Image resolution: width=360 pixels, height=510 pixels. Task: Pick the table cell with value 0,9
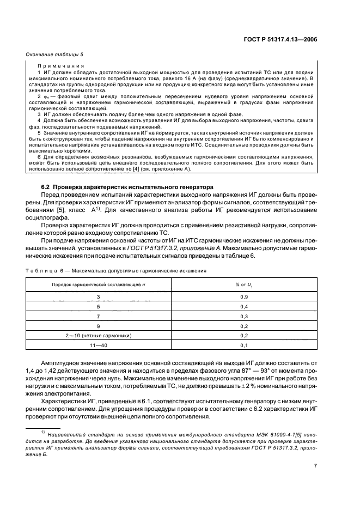point(243,297)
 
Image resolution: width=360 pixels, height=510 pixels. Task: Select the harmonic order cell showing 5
point(99,307)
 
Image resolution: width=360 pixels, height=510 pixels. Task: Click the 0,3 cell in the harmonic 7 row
point(243,316)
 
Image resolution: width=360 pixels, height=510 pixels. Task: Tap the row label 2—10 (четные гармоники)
point(99,336)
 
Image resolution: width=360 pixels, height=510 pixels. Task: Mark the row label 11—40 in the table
point(99,345)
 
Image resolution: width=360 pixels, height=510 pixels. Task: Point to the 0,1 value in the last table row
point(243,345)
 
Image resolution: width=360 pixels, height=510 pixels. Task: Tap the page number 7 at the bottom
point(315,466)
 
